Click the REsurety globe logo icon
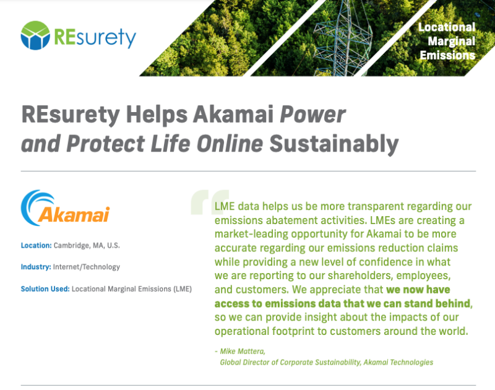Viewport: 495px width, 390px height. (x=35, y=35)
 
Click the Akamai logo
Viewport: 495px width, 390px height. (x=66, y=208)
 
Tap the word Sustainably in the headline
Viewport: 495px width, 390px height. (x=334, y=144)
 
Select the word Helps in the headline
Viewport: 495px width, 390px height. (x=157, y=115)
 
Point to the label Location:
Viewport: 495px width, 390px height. (x=36, y=245)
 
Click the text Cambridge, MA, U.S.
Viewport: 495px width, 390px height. (x=87, y=246)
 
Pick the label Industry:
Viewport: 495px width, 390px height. (x=36, y=267)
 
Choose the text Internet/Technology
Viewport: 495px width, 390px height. (x=87, y=267)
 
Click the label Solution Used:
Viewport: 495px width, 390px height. (x=45, y=289)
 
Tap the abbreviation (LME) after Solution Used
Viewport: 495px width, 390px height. (x=183, y=289)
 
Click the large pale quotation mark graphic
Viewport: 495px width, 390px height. (x=210, y=202)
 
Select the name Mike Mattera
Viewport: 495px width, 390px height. (x=243, y=351)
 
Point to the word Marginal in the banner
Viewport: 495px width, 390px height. (x=452, y=41)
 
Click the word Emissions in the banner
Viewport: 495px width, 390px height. (x=447, y=55)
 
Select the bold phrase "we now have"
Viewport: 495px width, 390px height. (x=418, y=290)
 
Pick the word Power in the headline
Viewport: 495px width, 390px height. (x=313, y=115)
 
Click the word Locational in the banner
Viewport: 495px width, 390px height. (x=447, y=27)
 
